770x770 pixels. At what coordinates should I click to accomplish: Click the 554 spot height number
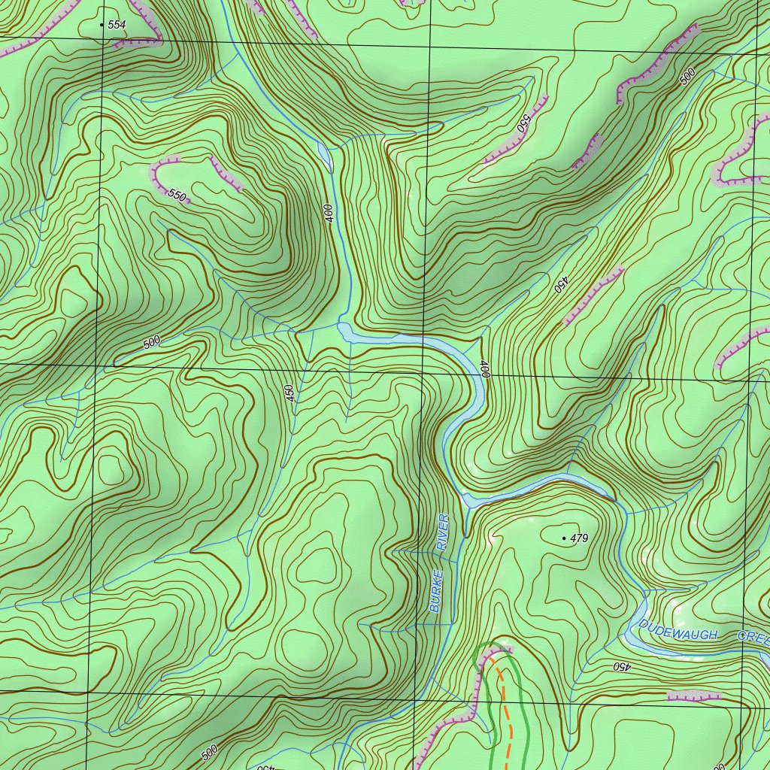click(x=117, y=25)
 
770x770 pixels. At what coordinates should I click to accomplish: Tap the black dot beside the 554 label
click(x=102, y=25)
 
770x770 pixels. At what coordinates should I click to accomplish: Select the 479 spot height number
click(x=579, y=538)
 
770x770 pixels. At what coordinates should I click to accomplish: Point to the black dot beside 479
click(x=564, y=538)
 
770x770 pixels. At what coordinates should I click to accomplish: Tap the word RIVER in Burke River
click(x=444, y=532)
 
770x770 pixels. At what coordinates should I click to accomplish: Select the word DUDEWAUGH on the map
click(x=678, y=630)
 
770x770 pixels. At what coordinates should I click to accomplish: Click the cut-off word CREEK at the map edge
click(x=753, y=638)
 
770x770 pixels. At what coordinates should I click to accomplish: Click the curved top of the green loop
click(x=492, y=645)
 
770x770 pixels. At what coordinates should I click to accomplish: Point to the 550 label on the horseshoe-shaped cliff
click(x=176, y=196)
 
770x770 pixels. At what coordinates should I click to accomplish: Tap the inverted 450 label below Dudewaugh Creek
click(x=620, y=666)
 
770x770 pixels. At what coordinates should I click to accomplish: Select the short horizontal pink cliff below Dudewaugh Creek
click(x=693, y=696)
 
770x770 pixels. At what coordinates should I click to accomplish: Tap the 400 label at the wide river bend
click(x=485, y=368)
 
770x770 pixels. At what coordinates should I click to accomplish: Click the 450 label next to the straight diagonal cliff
click(x=559, y=284)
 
